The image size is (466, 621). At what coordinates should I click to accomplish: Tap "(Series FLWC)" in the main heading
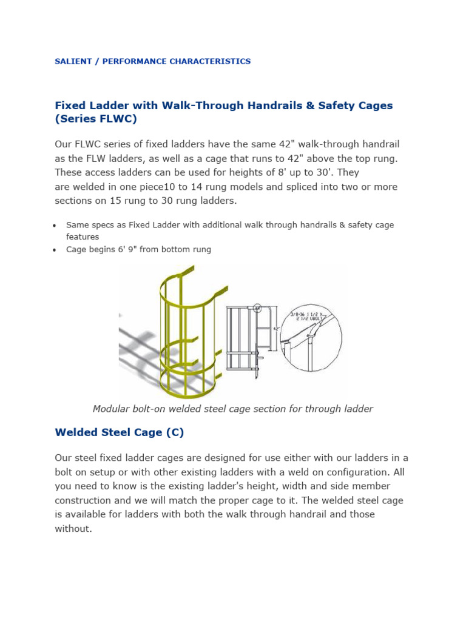click(x=96, y=119)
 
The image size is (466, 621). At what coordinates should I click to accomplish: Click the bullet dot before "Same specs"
click(x=55, y=226)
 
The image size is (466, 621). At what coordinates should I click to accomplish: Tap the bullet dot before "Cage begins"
click(x=55, y=250)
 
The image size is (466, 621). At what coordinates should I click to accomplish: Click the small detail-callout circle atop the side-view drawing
click(x=257, y=307)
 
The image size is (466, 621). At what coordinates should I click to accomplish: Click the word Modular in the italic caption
click(x=111, y=409)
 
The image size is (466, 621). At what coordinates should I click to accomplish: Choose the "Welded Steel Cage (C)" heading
click(x=119, y=432)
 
